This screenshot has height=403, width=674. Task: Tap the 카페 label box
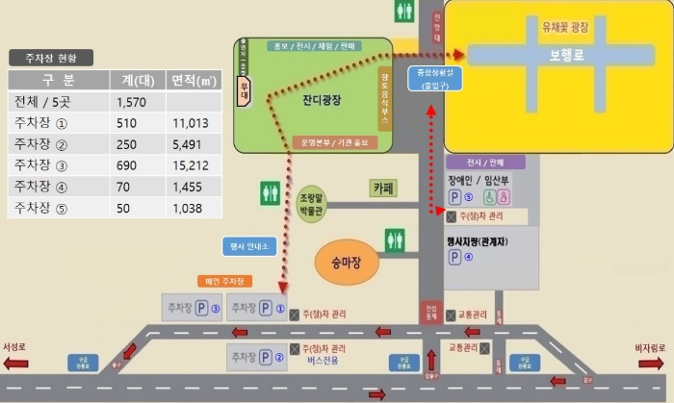click(385, 189)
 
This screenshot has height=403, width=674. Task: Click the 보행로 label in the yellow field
click(567, 56)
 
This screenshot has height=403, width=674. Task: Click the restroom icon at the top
click(404, 12)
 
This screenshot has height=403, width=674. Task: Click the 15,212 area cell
click(190, 164)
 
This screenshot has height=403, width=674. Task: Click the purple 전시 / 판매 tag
click(485, 163)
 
